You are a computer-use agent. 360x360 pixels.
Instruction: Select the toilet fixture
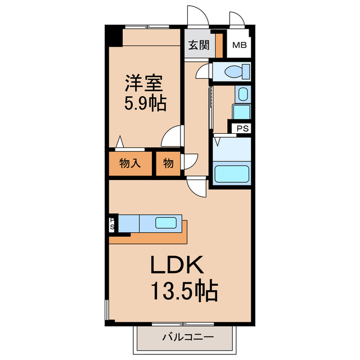tap(232, 71)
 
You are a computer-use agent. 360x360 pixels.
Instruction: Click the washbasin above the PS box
tap(242, 94)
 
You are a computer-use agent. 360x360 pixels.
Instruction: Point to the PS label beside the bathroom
tap(242, 128)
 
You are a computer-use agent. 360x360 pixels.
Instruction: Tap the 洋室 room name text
tap(143, 84)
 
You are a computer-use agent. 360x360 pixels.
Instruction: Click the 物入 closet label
tap(130, 164)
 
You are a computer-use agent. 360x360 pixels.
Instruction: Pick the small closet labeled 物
tap(168, 164)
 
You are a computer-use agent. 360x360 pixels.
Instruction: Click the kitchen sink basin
tap(166, 223)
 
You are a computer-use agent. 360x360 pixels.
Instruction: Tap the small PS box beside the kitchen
tap(112, 224)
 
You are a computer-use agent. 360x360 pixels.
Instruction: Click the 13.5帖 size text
tap(183, 291)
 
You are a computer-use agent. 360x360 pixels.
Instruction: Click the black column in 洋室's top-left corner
tap(115, 37)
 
